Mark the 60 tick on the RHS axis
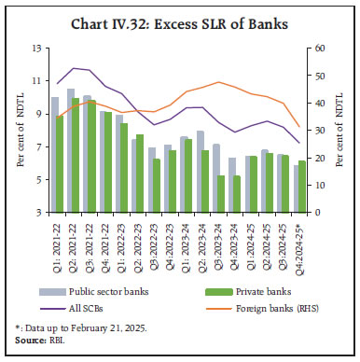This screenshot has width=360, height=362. click(318, 48)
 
